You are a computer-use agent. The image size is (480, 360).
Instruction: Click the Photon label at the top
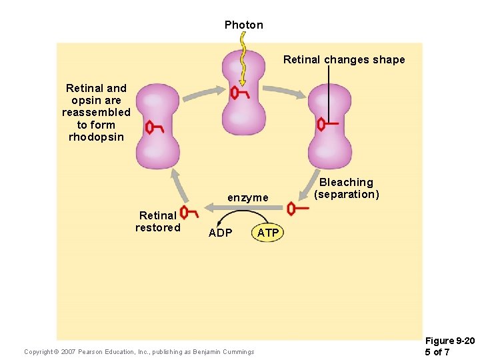click(x=243, y=25)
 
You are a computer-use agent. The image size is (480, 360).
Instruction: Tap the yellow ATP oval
click(x=267, y=233)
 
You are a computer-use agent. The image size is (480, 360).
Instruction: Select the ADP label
click(x=220, y=233)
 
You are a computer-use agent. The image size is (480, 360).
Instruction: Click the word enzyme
click(x=247, y=197)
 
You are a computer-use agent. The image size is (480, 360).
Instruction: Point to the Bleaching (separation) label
click(x=346, y=188)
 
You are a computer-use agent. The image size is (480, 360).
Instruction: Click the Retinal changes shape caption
click(x=343, y=59)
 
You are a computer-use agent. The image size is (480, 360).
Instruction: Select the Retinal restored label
click(x=157, y=221)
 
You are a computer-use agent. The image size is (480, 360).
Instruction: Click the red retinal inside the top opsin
click(x=238, y=93)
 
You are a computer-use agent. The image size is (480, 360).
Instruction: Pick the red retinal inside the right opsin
click(x=327, y=124)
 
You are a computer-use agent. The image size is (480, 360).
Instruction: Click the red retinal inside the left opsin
click(x=154, y=127)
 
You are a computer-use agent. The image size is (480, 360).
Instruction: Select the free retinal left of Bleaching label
click(x=297, y=209)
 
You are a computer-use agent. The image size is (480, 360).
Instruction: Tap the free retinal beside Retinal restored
click(x=189, y=213)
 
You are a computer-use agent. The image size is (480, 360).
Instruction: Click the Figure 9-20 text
click(x=450, y=341)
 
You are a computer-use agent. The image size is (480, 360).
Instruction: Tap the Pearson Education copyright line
click(x=139, y=351)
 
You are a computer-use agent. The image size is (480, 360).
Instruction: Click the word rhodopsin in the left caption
click(x=96, y=137)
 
